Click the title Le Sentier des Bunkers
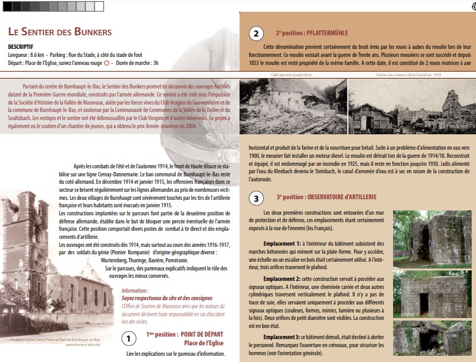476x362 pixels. pos(59,32)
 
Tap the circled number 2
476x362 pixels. pos(256,34)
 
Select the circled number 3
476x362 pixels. pos(256,199)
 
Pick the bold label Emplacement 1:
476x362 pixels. pos(282,244)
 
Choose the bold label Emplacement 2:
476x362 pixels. pos(282,278)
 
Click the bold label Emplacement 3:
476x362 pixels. pos(282,336)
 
